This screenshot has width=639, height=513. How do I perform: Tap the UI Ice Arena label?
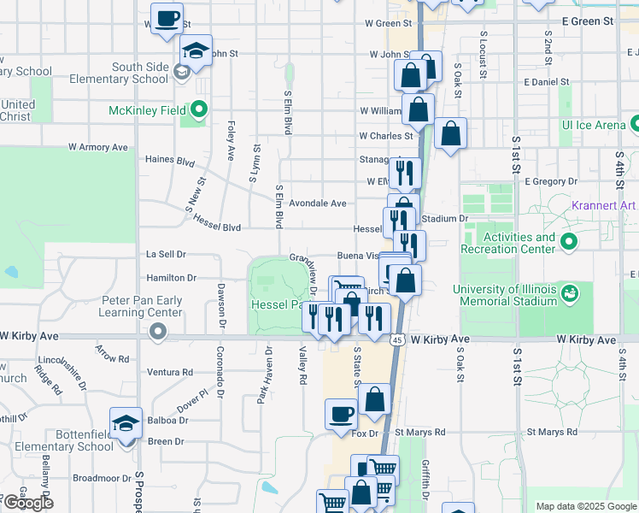[593, 125]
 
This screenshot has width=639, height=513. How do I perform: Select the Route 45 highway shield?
[398, 340]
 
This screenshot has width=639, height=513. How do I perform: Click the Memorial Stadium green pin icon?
[569, 295]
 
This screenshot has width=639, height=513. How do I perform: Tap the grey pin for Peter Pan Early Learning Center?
[156, 331]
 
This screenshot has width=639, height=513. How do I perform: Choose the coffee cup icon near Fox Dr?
[341, 415]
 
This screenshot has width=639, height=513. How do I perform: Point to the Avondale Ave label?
[317, 203]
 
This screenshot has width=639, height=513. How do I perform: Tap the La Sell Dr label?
[166, 254]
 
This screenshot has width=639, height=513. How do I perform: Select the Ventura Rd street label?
[169, 372]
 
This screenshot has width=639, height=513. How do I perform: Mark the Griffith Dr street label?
[425, 475]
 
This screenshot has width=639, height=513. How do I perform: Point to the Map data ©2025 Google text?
[585, 506]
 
